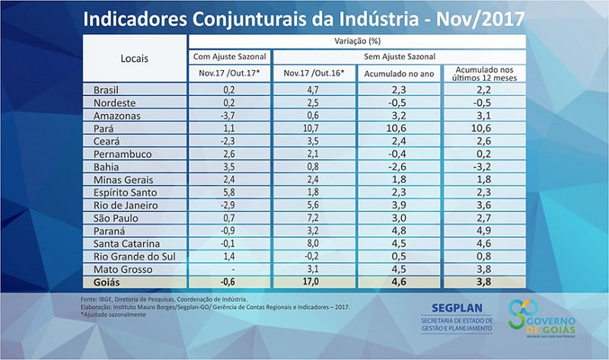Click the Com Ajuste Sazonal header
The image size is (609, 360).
[229, 57]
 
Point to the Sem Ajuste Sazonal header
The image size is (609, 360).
[399, 57]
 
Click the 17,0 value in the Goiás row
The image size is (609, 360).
[314, 282]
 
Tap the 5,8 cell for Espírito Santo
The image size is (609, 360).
[229, 193]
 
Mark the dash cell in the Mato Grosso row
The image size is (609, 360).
[229, 269]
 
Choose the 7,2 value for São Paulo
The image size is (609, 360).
[314, 218]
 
